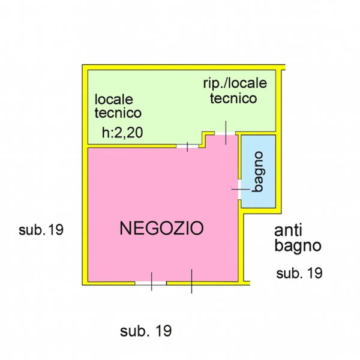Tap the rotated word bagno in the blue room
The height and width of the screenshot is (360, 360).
(x=258, y=172)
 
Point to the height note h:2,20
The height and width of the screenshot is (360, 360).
(x=122, y=134)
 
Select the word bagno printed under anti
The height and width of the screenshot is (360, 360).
(x=298, y=245)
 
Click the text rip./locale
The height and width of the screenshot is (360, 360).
(x=234, y=83)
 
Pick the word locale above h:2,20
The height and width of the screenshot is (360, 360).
(x=114, y=98)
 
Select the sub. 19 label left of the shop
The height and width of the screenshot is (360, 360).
(x=41, y=229)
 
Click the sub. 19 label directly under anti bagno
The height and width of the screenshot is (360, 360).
(x=299, y=274)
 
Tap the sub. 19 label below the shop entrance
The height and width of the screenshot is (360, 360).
(x=146, y=331)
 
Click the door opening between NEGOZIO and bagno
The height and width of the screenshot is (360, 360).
(x=239, y=189)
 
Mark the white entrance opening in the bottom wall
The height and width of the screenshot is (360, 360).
(x=151, y=282)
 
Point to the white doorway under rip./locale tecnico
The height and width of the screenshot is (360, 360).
(x=225, y=133)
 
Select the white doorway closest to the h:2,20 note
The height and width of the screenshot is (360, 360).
(x=187, y=146)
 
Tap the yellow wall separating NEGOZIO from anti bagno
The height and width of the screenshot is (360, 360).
(x=244, y=246)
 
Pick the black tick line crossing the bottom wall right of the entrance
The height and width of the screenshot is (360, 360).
(x=191, y=281)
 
